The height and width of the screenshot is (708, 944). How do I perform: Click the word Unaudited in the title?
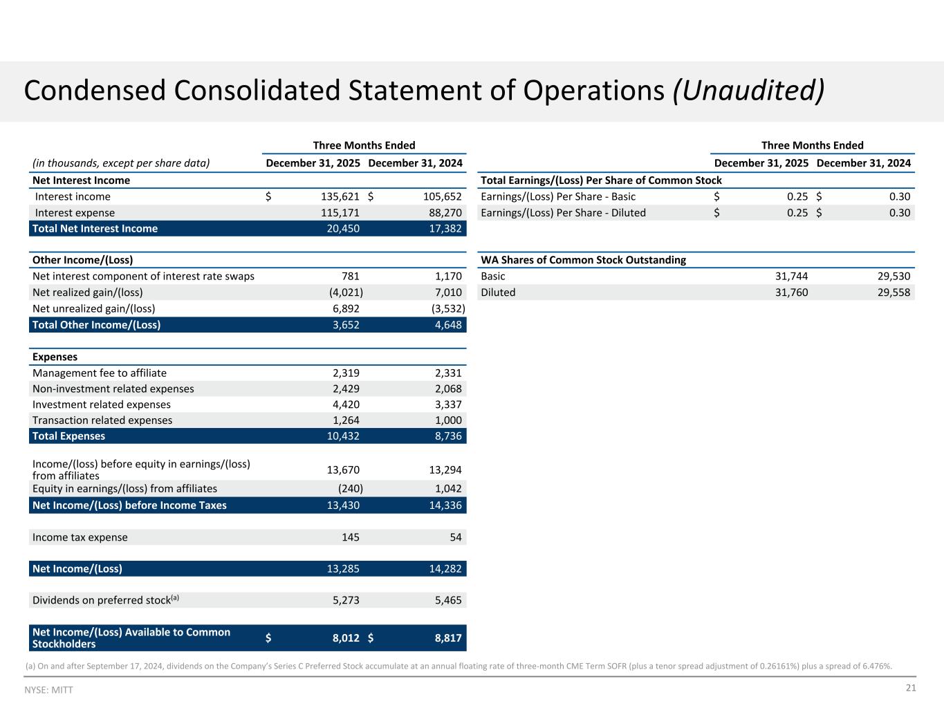(x=748, y=91)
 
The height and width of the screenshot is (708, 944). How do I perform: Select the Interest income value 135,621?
(x=340, y=196)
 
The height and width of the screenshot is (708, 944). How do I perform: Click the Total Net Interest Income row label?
(x=95, y=228)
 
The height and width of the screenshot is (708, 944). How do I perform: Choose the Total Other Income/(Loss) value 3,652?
(x=346, y=324)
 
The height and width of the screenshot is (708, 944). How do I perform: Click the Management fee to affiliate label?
(x=100, y=373)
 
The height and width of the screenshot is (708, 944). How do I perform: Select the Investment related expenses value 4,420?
(x=346, y=404)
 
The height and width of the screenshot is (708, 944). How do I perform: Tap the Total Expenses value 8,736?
(x=448, y=436)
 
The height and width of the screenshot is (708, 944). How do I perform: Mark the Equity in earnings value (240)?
(x=350, y=488)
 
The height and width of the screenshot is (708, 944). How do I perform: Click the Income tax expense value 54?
(x=456, y=537)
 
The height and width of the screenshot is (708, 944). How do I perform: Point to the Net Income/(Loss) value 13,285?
(x=343, y=569)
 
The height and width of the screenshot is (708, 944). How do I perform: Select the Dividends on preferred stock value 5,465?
(x=448, y=600)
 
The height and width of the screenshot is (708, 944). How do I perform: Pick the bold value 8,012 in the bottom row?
(x=346, y=638)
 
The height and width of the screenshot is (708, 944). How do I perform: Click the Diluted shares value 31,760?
(x=791, y=292)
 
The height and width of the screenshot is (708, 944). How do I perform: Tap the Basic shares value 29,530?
(x=894, y=276)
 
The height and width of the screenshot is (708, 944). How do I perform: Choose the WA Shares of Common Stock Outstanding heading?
(x=583, y=260)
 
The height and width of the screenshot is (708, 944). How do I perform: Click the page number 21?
(x=910, y=688)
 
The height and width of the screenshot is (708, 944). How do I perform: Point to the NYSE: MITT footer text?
(x=48, y=690)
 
